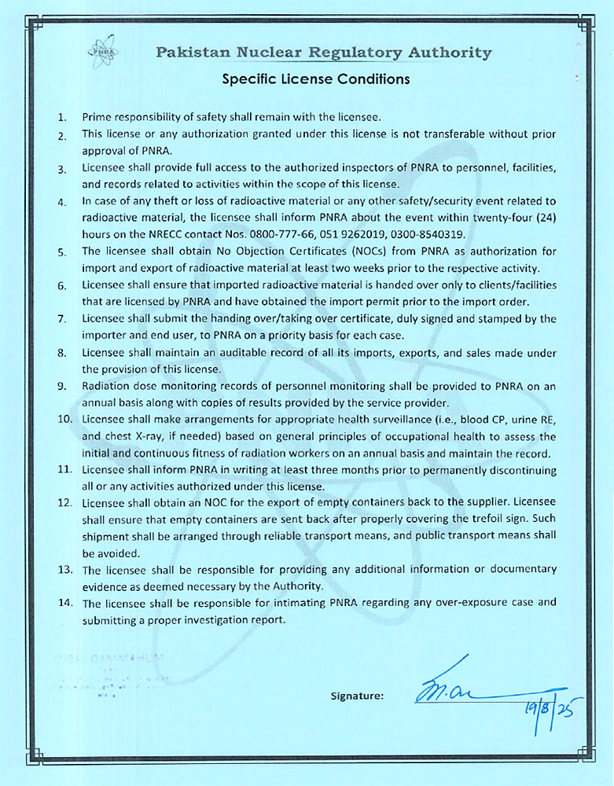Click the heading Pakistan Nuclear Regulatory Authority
(x=323, y=53)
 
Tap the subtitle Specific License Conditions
(x=316, y=79)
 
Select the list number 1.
(x=61, y=118)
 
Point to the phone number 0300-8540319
(x=427, y=234)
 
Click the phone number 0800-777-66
(x=282, y=234)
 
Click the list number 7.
(x=61, y=319)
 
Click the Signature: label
(x=358, y=696)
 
